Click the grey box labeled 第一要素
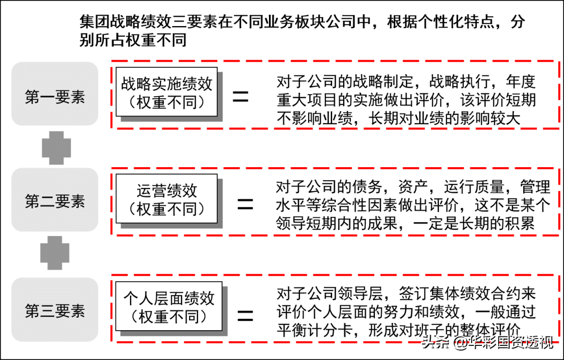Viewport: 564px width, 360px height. pyautogui.click(x=55, y=94)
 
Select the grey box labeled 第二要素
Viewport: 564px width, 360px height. pyautogui.click(x=55, y=200)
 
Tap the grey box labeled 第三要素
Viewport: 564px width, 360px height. pyautogui.click(x=55, y=310)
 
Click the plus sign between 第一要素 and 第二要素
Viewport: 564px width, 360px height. pyautogui.click(x=56, y=147)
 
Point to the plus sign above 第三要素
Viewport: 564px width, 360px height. pyautogui.click(x=55, y=253)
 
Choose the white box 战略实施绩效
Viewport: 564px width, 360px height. pyautogui.click(x=167, y=92)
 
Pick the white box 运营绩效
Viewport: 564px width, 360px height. pyautogui.click(x=167, y=199)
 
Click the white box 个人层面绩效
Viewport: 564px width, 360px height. pyautogui.click(x=169, y=306)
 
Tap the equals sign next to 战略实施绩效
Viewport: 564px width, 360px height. pyautogui.click(x=241, y=96)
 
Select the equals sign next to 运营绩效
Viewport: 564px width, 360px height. pyautogui.click(x=245, y=204)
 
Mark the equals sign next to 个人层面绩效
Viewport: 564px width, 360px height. pyautogui.click(x=245, y=316)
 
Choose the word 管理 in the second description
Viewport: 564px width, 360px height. pyautogui.click(x=535, y=187)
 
